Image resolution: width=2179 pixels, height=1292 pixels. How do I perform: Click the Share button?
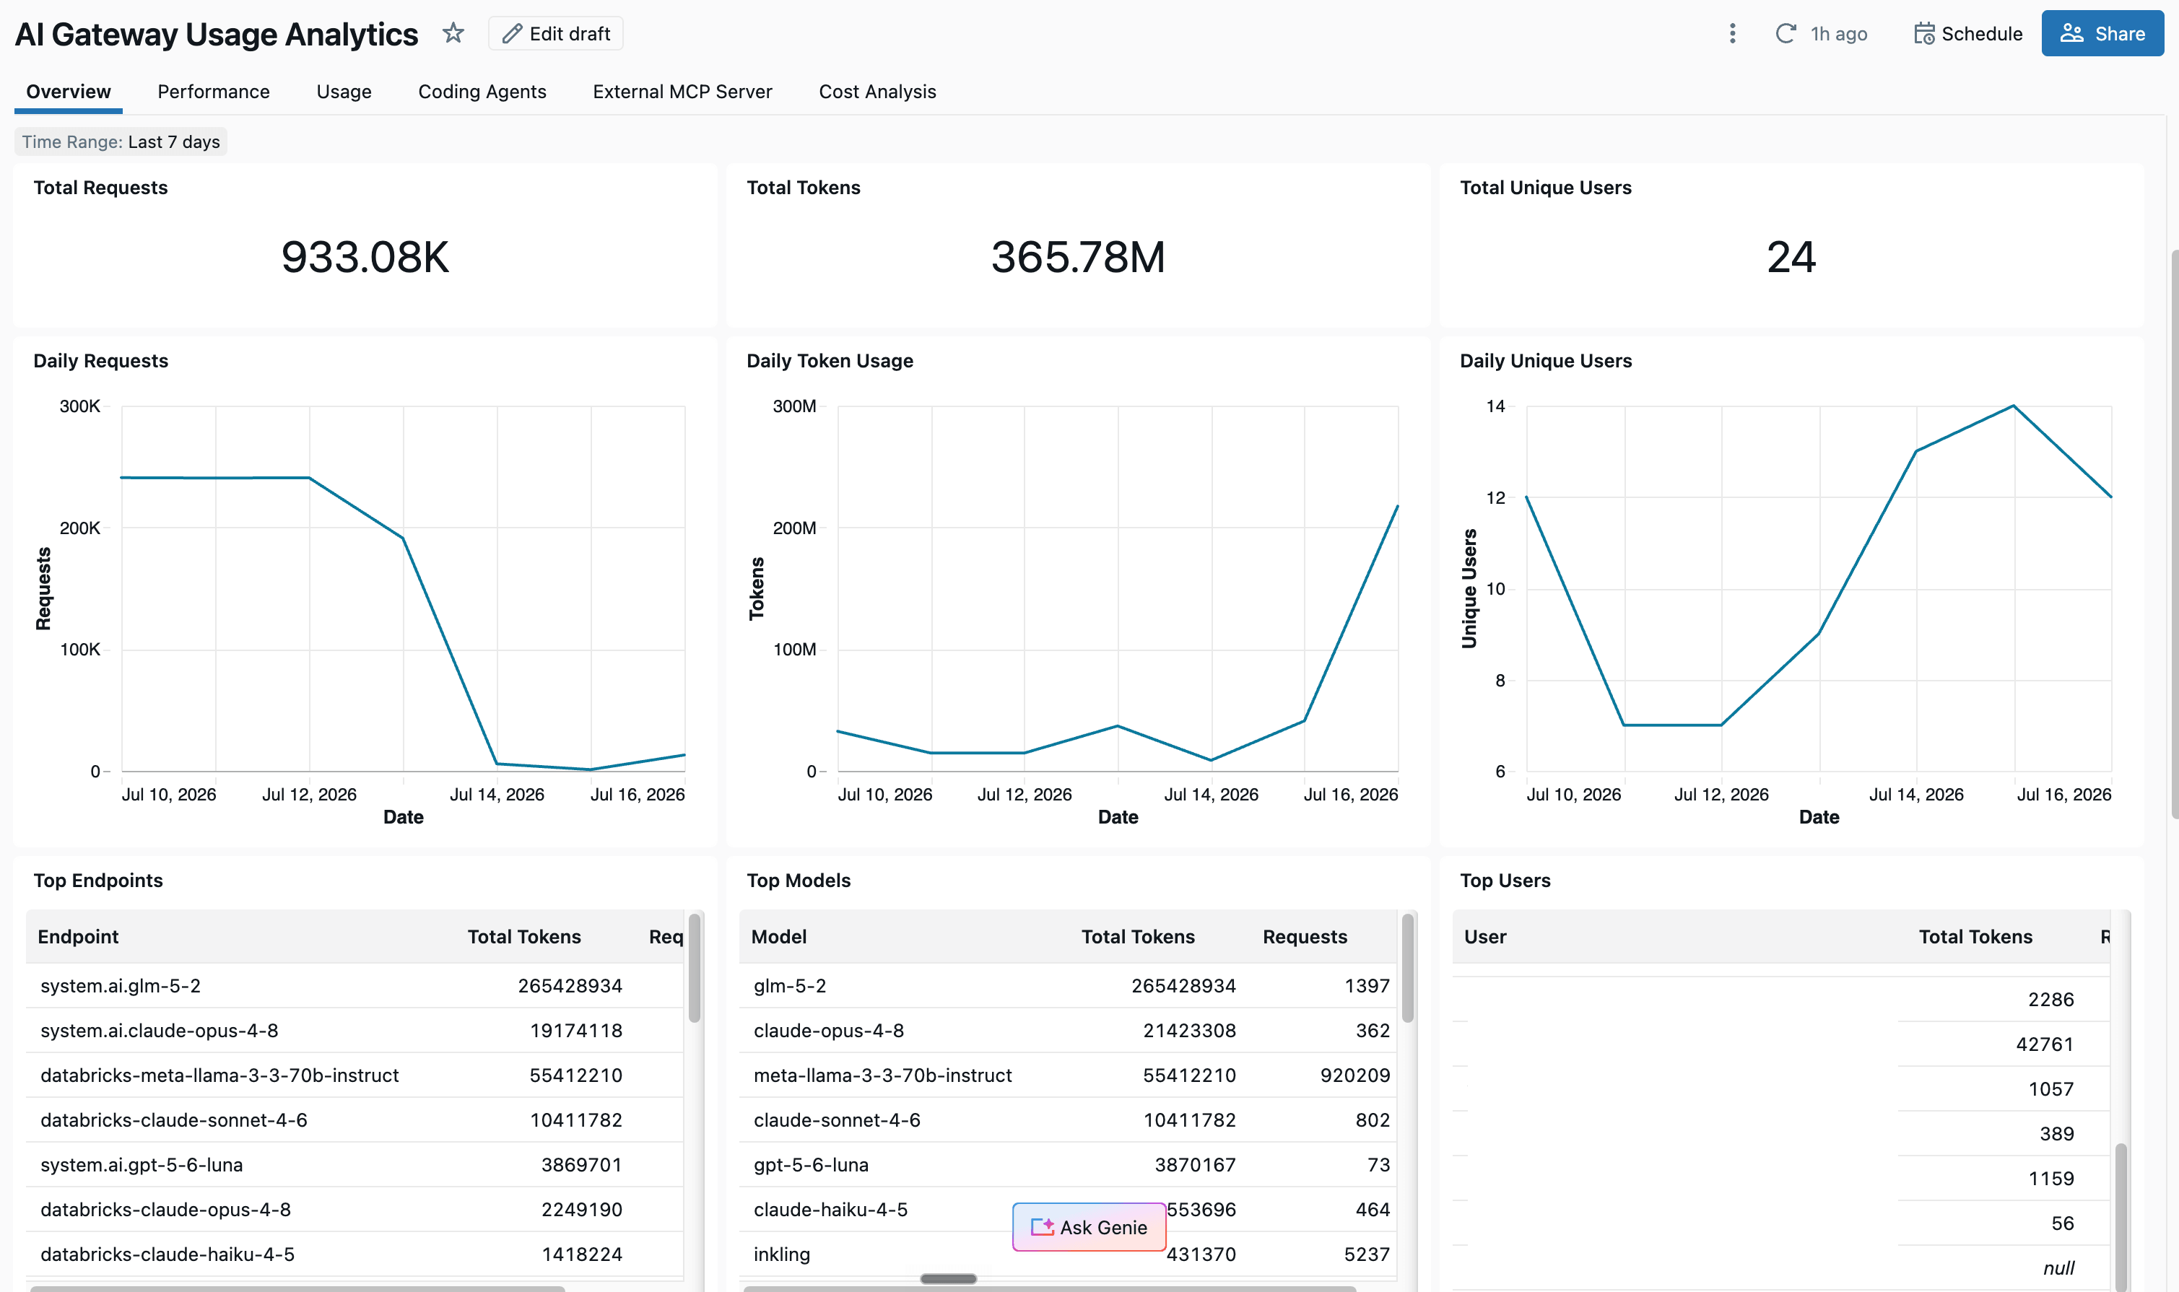(2102, 34)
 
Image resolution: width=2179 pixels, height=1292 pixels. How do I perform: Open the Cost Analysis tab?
(877, 92)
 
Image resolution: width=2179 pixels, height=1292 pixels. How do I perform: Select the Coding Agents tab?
(482, 92)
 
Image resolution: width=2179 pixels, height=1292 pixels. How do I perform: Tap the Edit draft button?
(556, 34)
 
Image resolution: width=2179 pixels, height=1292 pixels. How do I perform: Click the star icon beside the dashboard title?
(453, 33)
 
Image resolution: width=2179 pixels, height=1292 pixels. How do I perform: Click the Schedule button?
(1967, 34)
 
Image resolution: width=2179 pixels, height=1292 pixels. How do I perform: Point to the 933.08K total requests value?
(365, 257)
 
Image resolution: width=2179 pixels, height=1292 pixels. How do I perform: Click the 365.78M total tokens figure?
(1078, 257)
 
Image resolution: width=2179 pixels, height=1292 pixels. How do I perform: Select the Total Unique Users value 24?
(1791, 257)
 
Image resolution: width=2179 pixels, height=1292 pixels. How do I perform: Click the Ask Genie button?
(1089, 1227)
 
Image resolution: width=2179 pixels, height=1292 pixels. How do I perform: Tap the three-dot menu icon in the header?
(1732, 33)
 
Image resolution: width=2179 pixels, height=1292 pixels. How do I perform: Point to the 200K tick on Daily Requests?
(80, 528)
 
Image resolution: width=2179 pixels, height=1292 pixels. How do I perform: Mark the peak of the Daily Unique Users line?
(2014, 406)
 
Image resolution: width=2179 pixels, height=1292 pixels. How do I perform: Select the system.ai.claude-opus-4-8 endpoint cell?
(160, 1031)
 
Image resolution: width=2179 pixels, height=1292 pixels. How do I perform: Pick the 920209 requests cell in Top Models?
(1355, 1075)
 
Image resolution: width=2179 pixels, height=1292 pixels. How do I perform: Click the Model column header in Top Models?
(778, 937)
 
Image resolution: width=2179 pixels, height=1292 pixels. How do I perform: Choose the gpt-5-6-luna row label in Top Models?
(811, 1165)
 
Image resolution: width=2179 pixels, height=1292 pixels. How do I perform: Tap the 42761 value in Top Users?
(2044, 1044)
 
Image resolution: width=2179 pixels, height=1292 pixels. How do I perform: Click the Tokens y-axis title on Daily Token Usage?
(756, 588)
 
